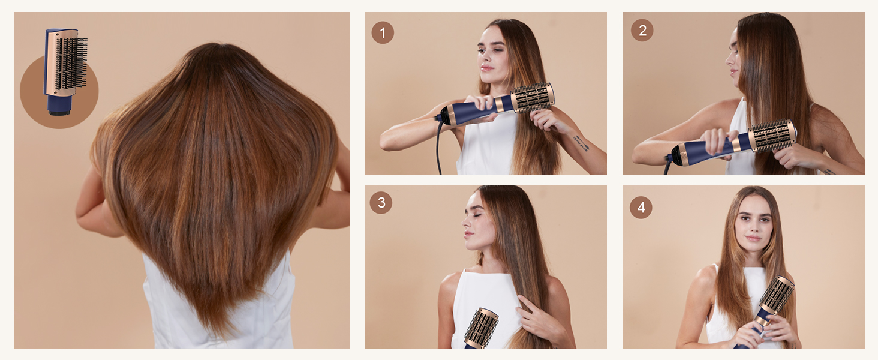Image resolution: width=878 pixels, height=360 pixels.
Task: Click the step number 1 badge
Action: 383,32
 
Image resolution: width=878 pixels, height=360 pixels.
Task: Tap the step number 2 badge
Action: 642,30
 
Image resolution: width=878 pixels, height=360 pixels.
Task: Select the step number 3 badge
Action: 381,203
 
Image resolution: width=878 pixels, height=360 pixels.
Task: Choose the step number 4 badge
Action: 641,208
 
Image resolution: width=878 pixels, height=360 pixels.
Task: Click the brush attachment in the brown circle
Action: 66,69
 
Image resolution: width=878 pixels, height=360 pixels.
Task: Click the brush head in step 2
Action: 774,135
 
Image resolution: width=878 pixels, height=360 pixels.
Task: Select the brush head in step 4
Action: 777,295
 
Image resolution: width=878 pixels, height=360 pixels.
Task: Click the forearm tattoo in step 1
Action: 580,143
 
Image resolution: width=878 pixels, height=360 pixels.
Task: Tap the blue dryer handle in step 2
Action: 714,149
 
